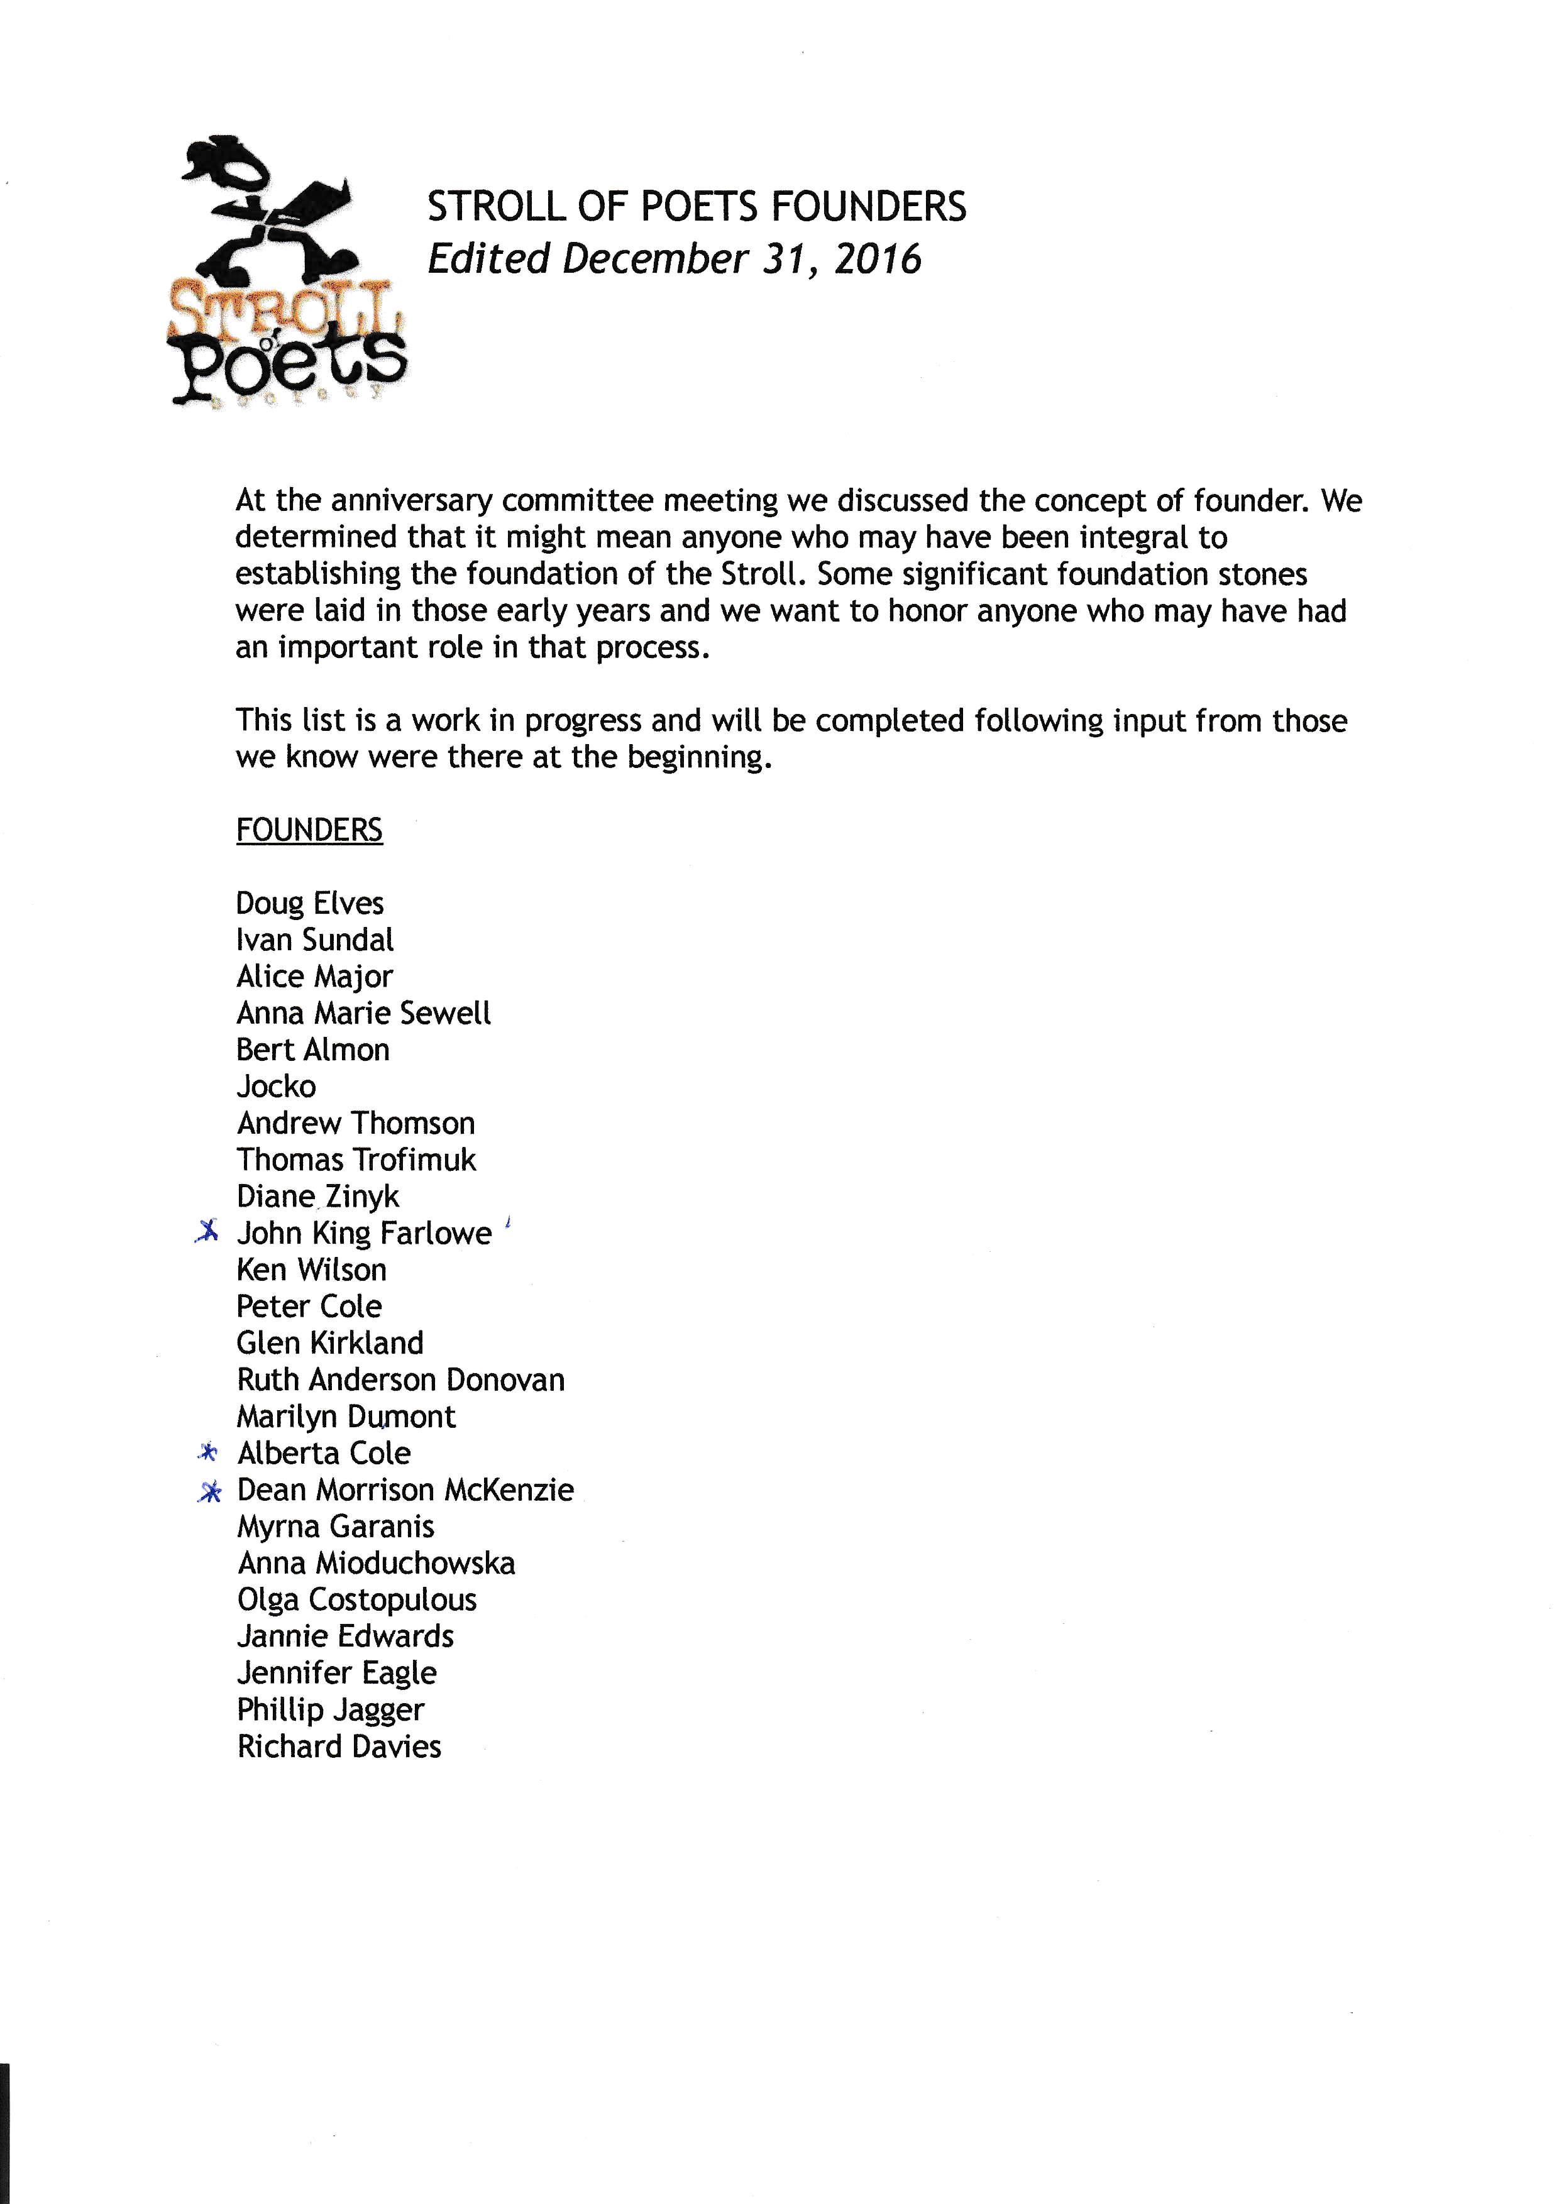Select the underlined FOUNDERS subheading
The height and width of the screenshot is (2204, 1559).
pos(309,830)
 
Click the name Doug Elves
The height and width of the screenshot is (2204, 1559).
pos(309,903)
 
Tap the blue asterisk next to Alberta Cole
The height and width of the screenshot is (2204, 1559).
pos(208,1452)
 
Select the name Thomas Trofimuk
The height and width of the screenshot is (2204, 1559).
pos(356,1160)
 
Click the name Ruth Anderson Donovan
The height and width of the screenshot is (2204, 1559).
pos(400,1379)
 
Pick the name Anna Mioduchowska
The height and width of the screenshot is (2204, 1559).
pos(377,1564)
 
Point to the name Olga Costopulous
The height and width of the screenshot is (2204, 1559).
pos(356,1600)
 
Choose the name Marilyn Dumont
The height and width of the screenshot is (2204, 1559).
pos(346,1417)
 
